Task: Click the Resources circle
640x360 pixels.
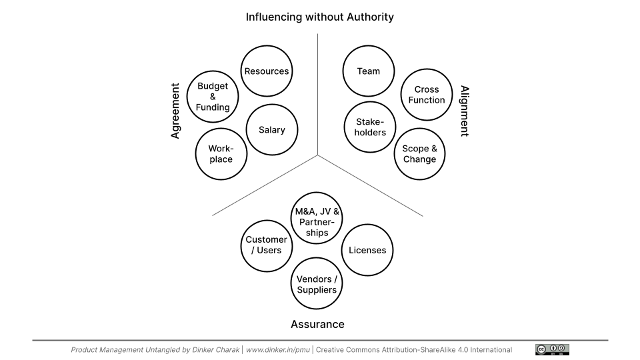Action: point(266,71)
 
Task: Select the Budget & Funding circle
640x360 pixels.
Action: point(213,97)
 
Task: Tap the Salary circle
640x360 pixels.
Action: point(271,130)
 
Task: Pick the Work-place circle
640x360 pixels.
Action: point(221,154)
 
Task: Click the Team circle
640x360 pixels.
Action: point(369,71)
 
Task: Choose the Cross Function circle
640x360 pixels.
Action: point(427,95)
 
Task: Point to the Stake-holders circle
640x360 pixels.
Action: point(370,127)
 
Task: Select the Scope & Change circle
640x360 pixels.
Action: point(419,154)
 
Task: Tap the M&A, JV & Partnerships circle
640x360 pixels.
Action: point(317,222)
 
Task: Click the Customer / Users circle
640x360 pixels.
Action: point(267,245)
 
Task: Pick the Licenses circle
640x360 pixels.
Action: point(368,250)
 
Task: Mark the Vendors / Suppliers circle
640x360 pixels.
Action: point(317,284)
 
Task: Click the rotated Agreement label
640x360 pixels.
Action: point(175,111)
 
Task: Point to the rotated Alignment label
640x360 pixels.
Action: point(465,111)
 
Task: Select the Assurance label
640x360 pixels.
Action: point(317,325)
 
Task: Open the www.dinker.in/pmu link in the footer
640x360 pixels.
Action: point(277,350)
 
